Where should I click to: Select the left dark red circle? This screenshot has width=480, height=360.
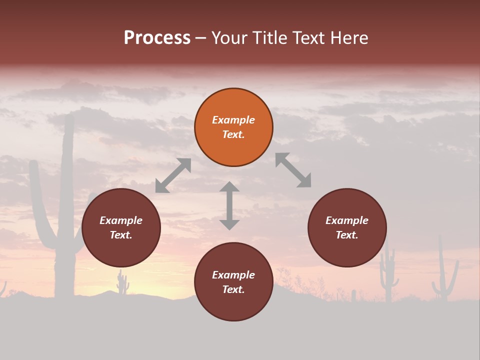click(121, 227)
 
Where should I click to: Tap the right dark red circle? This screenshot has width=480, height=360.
click(347, 227)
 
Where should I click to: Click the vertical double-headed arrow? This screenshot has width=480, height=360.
click(229, 205)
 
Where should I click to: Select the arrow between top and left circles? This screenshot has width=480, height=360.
click(173, 175)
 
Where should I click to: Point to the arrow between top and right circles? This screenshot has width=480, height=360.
click(293, 170)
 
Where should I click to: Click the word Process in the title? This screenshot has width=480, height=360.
click(157, 37)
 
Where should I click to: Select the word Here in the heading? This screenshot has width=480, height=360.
click(350, 38)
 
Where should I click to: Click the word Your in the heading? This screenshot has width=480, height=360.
click(231, 38)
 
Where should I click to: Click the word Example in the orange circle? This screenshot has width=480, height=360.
click(233, 120)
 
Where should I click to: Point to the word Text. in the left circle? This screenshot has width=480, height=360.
click(121, 235)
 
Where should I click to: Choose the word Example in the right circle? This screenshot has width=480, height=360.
click(347, 220)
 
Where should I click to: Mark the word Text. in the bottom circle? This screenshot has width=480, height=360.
click(233, 289)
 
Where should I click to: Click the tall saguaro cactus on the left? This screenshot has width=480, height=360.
click(65, 210)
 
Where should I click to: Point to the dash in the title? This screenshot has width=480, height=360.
click(201, 38)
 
